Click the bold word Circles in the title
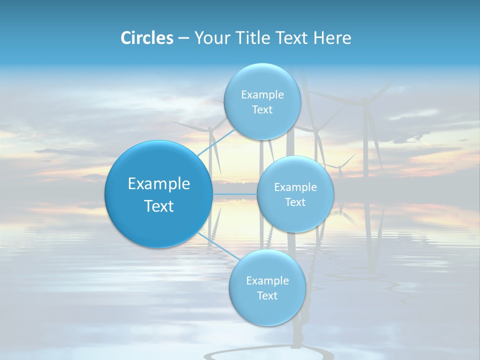pyautogui.click(x=146, y=38)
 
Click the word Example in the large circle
pyautogui.click(x=159, y=184)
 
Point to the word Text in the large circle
pyautogui.click(x=159, y=206)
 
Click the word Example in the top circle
pyautogui.click(x=262, y=95)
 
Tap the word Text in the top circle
pyautogui.click(x=262, y=110)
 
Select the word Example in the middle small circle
pyautogui.click(x=295, y=187)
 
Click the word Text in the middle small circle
pyautogui.click(x=295, y=202)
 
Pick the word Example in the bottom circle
pyautogui.click(x=267, y=280)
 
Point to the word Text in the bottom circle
pyautogui.click(x=267, y=295)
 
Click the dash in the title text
pyautogui.click(x=183, y=38)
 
